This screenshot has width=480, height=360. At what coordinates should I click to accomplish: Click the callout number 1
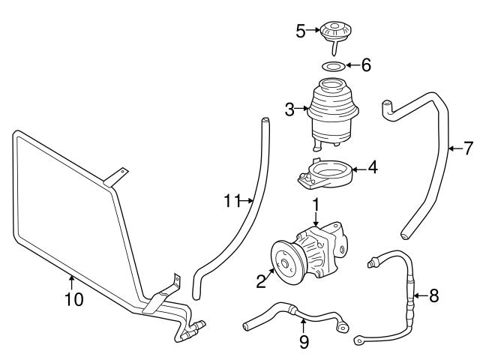click(316, 203)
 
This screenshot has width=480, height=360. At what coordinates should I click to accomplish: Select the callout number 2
click(261, 282)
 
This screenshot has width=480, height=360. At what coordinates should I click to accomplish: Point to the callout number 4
click(373, 169)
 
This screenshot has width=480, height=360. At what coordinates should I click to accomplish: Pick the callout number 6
click(365, 65)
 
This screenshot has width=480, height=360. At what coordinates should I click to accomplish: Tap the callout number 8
click(433, 295)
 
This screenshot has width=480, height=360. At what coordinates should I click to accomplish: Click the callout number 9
click(303, 342)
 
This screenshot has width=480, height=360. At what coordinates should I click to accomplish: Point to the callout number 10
click(73, 300)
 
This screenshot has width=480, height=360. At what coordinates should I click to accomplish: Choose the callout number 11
click(232, 201)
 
